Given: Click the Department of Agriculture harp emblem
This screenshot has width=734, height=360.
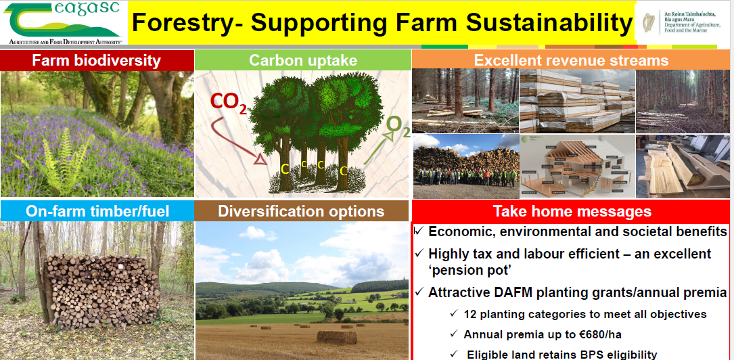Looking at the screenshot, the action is [x=649, y=22].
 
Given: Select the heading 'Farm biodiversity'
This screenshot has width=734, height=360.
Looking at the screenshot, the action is [x=97, y=60].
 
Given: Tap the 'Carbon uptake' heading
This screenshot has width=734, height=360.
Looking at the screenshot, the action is [x=303, y=60].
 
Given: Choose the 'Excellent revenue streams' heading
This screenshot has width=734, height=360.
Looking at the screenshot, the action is [x=571, y=60].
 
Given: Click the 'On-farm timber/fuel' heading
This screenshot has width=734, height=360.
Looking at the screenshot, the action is [x=97, y=210].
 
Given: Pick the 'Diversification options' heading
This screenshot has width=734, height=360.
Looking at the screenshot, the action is [x=301, y=210].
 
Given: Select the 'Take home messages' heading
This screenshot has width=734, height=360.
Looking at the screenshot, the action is [x=572, y=211].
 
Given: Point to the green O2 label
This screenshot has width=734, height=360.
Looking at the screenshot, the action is [x=398, y=127].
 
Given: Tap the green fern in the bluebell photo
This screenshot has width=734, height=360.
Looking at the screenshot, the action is [x=65, y=159].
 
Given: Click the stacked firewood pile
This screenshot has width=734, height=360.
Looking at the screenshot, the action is [x=104, y=291].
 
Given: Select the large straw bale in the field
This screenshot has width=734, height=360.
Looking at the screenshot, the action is [x=337, y=336].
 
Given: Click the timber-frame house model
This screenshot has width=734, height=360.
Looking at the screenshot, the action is [x=576, y=166].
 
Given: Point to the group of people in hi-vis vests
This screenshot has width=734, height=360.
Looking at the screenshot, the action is [x=466, y=177].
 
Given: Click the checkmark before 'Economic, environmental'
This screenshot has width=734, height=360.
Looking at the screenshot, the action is [x=420, y=231].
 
